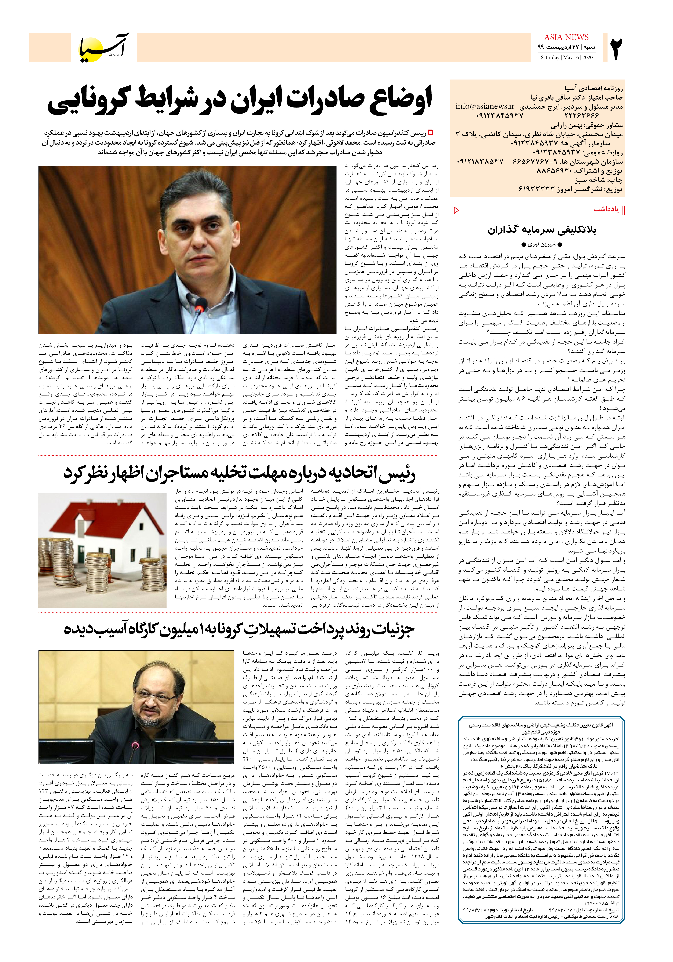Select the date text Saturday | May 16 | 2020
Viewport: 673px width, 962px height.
point(567,57)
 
